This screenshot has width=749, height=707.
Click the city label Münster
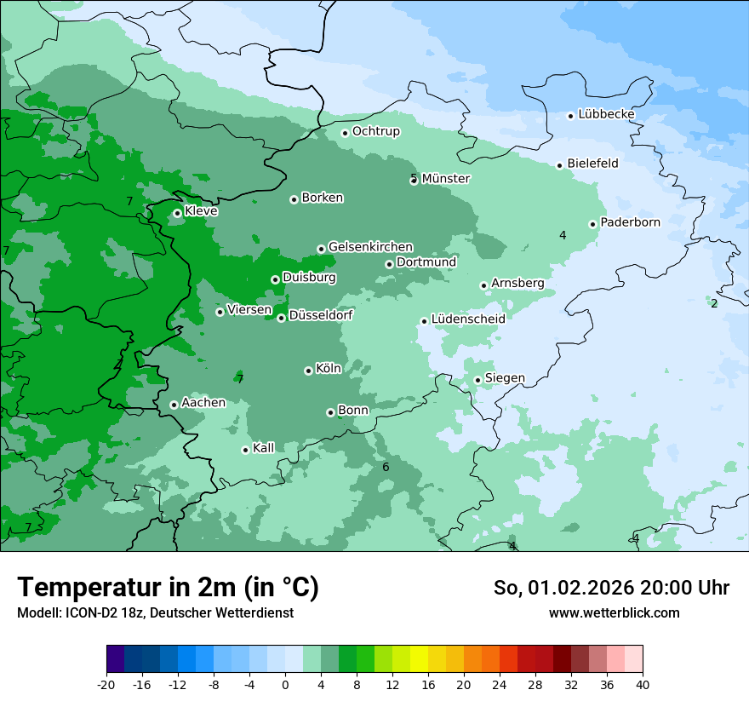pos(446,179)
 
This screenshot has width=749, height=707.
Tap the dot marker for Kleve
pos(177,213)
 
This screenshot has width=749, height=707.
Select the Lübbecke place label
pos(606,114)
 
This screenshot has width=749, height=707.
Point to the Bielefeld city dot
pos(560,165)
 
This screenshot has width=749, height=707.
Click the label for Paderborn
pos(630,222)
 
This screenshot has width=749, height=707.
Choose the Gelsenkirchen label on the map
pos(370,247)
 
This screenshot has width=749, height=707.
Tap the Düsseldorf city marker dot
pos(281,318)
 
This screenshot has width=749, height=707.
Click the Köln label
pos(329,369)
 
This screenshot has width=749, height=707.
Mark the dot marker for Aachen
pos(174,405)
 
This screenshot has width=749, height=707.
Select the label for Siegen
pos(505,378)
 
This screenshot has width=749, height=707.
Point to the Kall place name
pos(264,448)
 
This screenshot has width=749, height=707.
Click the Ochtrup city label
pos(375,131)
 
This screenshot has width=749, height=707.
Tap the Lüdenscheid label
pos(468,319)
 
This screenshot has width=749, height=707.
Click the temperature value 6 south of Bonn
pos(386,467)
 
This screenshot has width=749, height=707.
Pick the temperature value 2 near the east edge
pos(714,303)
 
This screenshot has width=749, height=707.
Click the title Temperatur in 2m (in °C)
pos(168,587)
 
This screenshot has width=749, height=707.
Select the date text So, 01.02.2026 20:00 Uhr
pos(611,588)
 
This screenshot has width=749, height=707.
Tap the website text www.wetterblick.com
pos(614,612)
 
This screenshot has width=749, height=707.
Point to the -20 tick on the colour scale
pos(106,684)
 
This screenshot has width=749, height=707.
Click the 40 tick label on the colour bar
pos(642,684)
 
